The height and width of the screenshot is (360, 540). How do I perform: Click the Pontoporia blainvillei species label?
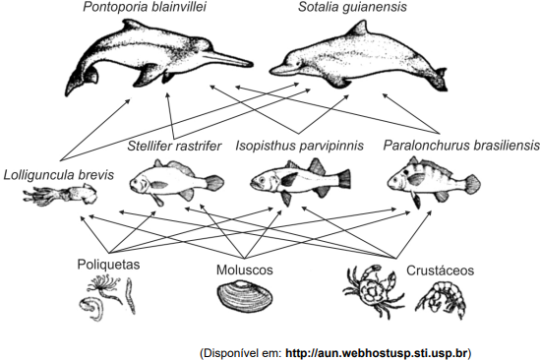click(x=145, y=7)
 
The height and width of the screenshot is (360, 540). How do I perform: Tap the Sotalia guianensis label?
click(x=352, y=7)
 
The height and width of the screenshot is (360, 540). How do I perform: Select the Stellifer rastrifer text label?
click(x=174, y=146)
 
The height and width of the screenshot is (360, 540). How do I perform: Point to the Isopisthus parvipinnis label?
click(x=300, y=146)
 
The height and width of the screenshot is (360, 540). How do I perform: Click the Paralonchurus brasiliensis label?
click(x=461, y=145)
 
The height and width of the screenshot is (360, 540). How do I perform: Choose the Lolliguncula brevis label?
click(x=59, y=175)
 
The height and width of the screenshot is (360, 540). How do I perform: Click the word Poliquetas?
click(x=108, y=265)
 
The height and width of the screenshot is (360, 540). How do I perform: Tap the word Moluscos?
click(x=245, y=270)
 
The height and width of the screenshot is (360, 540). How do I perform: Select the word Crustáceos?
click(x=440, y=270)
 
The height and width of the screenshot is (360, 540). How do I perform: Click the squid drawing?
click(x=61, y=195)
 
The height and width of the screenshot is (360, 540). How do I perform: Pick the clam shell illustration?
click(x=245, y=297)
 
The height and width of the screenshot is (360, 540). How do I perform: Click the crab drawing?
click(x=374, y=290)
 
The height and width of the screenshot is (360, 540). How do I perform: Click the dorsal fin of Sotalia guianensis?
click(x=357, y=29)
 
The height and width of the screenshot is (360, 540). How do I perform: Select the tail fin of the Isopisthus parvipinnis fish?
click(x=343, y=179)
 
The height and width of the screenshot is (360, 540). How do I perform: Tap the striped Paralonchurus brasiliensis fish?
click(x=434, y=181)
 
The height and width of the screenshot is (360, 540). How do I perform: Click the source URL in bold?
click(x=377, y=353)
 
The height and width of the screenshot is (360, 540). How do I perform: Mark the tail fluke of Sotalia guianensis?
click(x=441, y=80)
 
